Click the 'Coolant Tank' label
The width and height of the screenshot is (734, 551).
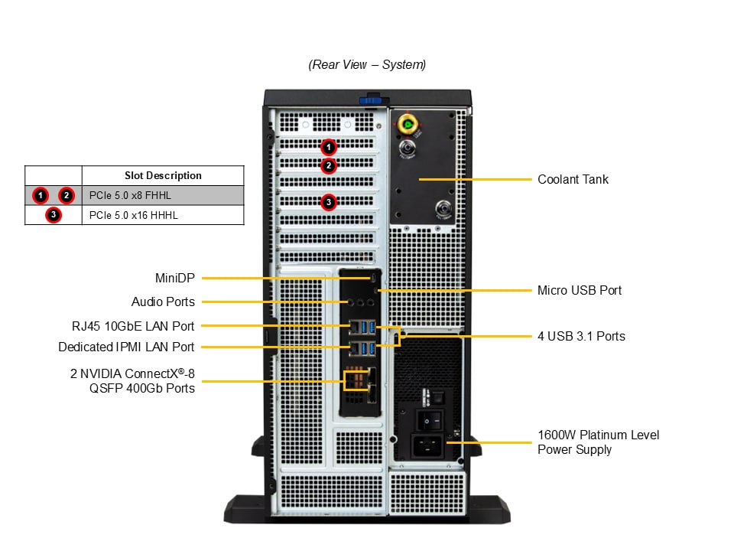573,179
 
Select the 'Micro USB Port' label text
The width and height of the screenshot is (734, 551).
580,290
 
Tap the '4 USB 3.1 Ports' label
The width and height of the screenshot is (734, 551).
581,336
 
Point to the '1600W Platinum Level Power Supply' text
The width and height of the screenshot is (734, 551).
598,442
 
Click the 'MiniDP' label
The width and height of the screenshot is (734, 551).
175,278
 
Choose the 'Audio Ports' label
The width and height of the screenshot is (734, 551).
163,302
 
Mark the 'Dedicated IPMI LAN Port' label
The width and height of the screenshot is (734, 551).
126,347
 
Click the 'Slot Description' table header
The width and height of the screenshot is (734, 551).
163,175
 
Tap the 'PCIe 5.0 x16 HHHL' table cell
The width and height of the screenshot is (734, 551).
133,215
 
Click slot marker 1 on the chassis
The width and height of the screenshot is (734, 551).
328,146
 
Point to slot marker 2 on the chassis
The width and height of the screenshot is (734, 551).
328,165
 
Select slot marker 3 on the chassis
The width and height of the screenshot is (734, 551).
328,202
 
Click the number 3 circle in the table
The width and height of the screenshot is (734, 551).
53,215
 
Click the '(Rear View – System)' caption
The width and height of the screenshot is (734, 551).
367,65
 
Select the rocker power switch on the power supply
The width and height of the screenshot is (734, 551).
430,419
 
